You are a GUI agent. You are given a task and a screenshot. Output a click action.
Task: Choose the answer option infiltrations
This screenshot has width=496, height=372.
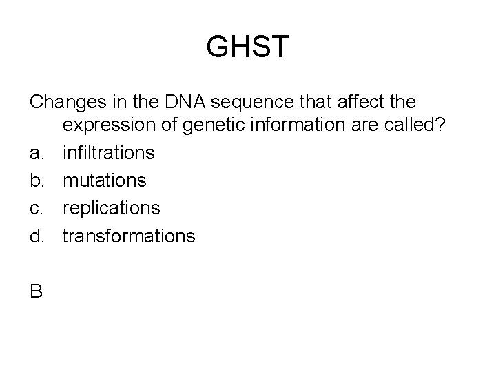click(x=109, y=152)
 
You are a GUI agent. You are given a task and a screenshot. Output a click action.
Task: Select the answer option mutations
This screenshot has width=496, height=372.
click(x=105, y=180)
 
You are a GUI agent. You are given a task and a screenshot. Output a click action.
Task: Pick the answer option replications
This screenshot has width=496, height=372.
click(x=112, y=208)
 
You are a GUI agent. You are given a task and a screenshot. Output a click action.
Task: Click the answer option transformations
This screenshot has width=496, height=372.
click(x=129, y=236)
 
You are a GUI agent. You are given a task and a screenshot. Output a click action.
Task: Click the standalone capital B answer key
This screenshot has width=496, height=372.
click(x=37, y=291)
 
